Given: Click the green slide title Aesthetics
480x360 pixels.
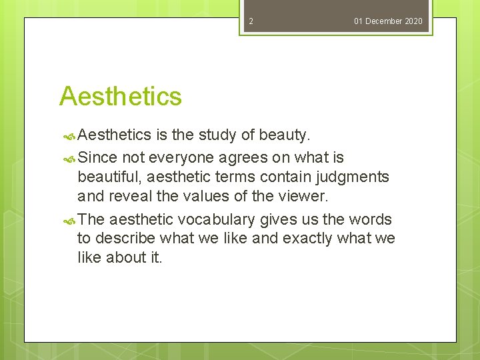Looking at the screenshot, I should click(x=121, y=97).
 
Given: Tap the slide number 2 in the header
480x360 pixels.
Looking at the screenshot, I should click(x=251, y=21).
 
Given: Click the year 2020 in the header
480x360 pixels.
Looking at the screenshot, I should click(x=413, y=21).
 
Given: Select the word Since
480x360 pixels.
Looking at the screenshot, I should click(x=97, y=157).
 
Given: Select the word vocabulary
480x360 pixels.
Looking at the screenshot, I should click(x=219, y=219).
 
